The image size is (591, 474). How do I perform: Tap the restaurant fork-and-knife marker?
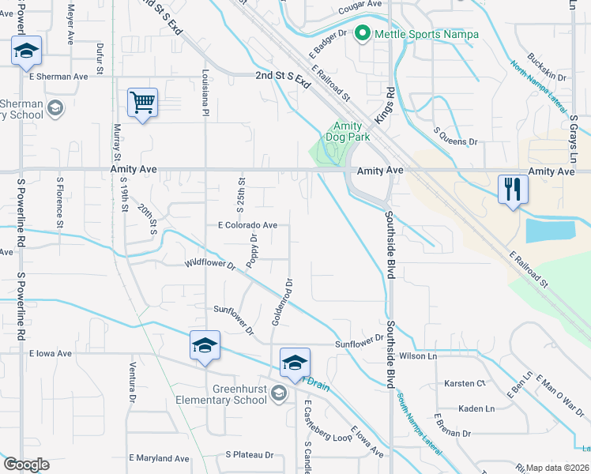pos(513,190)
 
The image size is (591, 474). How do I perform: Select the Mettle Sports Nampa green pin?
pos(363,33)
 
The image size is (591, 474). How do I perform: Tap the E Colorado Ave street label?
pos(247,225)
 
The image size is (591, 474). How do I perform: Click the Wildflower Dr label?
pos(211,265)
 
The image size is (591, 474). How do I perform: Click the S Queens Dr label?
pos(457,142)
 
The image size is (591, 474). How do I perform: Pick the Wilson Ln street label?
pos(420,356)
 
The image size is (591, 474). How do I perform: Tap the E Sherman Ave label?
pos(58,77)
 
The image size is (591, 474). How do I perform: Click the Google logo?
pos(26,465)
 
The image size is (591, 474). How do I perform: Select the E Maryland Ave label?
pos(159,458)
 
